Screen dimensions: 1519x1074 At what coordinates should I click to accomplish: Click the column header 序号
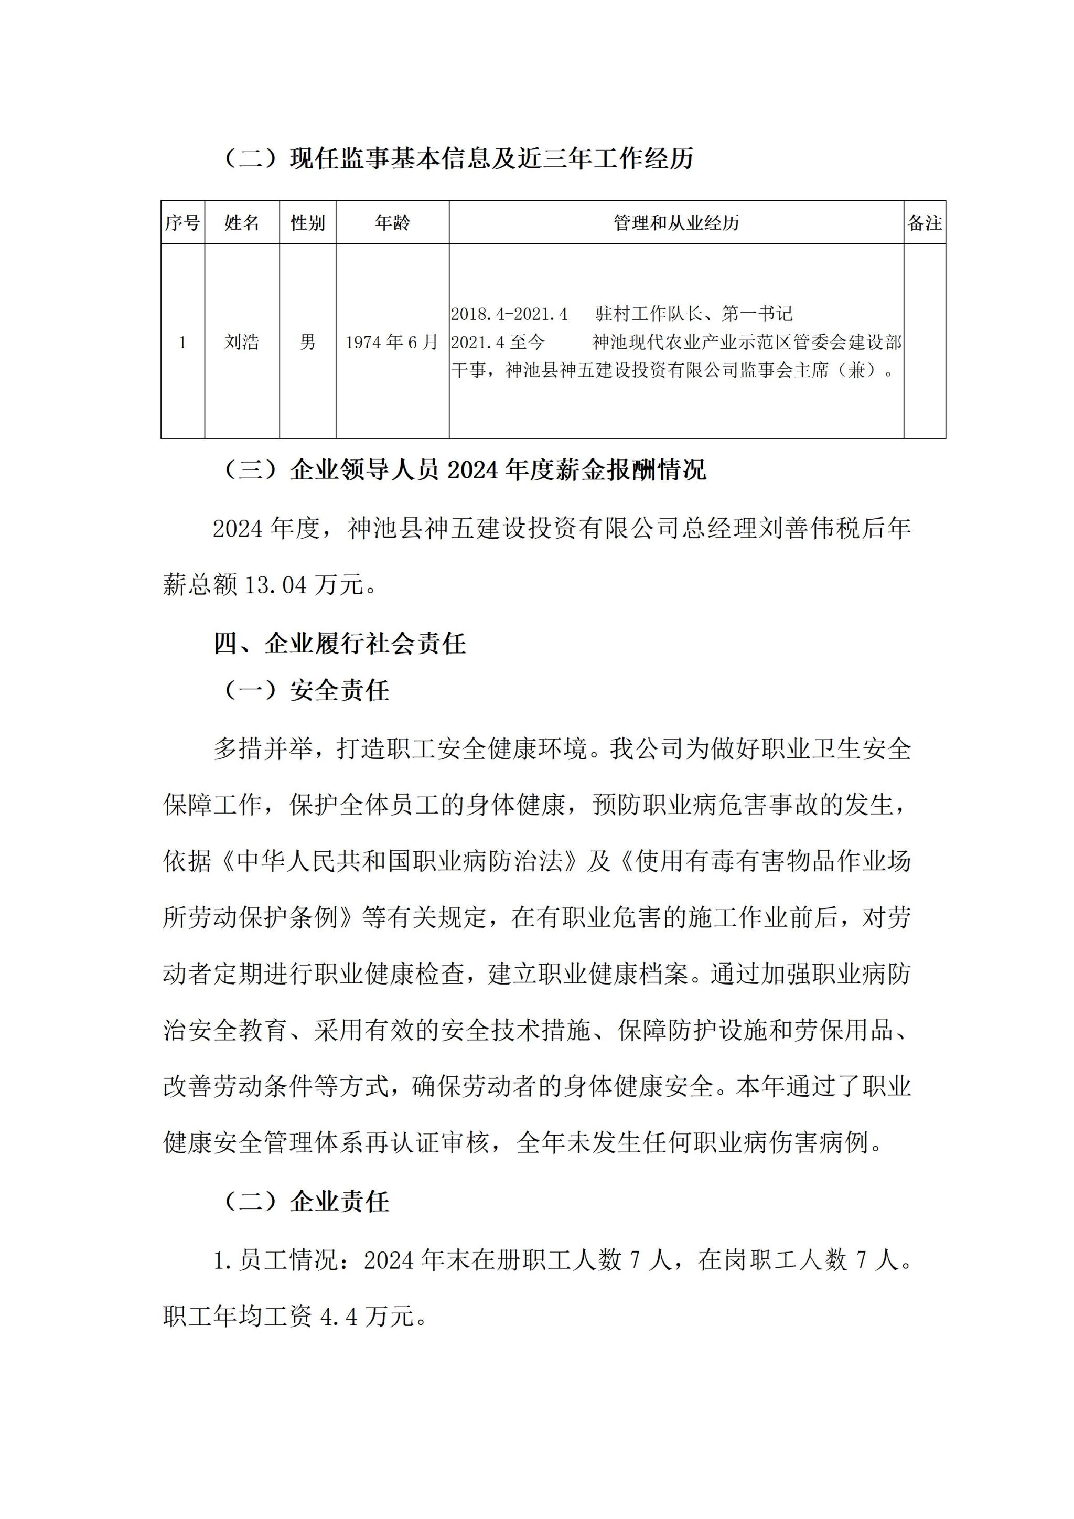[182, 223]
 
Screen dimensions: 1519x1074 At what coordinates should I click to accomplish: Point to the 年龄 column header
[392, 223]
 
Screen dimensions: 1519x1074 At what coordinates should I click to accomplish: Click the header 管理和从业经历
[676, 223]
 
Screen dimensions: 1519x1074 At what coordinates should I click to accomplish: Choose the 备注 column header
[925, 223]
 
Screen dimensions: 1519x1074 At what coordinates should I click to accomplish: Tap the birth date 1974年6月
[392, 342]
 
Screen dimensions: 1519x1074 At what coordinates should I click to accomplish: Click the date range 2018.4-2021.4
[509, 314]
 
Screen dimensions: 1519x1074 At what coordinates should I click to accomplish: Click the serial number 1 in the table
[182, 343]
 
